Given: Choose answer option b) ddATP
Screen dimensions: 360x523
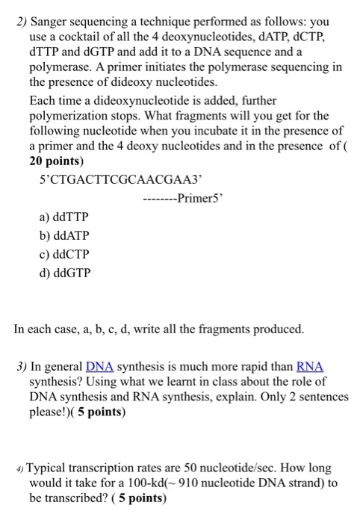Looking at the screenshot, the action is coord(66,236).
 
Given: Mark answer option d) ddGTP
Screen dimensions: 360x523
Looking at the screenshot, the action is coord(66,273).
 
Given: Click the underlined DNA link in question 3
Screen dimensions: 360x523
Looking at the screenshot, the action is coord(99,368).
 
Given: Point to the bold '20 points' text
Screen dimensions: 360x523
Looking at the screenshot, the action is coord(57,161).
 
